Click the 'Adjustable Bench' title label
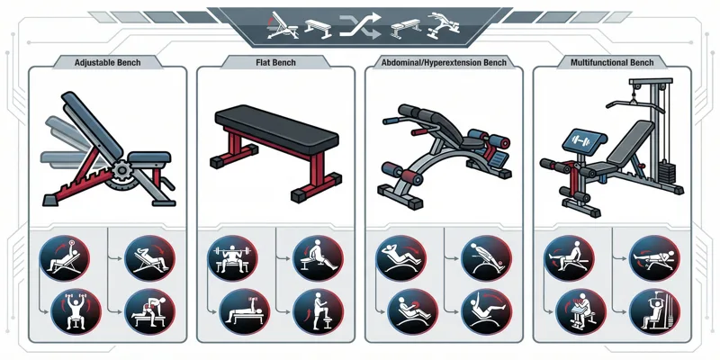click(107, 62)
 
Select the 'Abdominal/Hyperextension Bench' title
click(444, 62)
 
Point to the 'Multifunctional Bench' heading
click(612, 62)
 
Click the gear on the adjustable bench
click(121, 170)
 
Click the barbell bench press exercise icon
click(232, 258)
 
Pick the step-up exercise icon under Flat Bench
click(318, 311)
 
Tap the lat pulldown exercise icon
click(654, 311)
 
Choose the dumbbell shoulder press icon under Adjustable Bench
click(76, 311)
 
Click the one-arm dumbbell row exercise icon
click(149, 311)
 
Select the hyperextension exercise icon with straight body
click(486, 258)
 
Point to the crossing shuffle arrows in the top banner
click(360, 25)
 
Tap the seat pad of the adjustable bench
click(149, 157)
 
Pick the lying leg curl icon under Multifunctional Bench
click(654, 258)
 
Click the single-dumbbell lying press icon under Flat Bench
click(245, 311)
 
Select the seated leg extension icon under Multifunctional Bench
click(569, 258)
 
